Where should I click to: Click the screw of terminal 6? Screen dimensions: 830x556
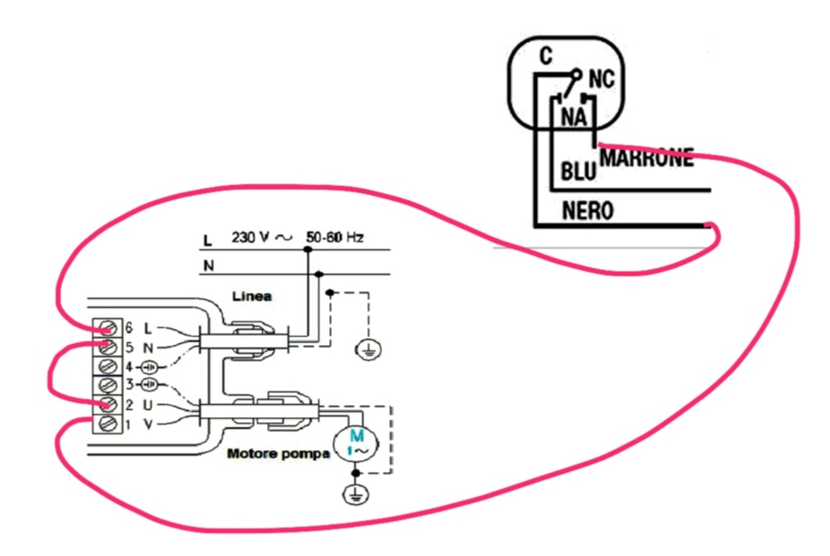tap(108, 328)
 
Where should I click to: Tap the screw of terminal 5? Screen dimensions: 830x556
tap(108, 347)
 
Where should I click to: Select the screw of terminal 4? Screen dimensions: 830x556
tap(108, 366)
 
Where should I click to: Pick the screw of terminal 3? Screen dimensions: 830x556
tap(108, 385)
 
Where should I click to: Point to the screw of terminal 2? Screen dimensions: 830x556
tap(108, 405)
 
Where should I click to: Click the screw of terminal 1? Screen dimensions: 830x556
tap(108, 423)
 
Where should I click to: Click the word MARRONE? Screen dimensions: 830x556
tap(647, 158)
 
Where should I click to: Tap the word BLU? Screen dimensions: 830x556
tap(578, 171)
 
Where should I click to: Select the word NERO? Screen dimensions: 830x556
tap(588, 211)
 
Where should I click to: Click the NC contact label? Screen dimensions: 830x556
tap(601, 79)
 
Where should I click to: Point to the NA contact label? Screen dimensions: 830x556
tap(575, 116)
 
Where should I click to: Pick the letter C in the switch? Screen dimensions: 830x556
tap(546, 56)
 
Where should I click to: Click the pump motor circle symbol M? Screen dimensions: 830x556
tap(355, 444)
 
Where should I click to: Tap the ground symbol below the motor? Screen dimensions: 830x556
tap(356, 495)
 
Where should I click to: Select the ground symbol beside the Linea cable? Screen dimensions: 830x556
tap(369, 349)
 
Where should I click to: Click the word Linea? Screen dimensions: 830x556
tap(252, 296)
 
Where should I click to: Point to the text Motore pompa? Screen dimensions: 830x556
tap(279, 454)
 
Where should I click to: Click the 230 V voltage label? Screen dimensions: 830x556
tap(250, 237)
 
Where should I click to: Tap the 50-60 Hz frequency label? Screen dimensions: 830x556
tap(335, 237)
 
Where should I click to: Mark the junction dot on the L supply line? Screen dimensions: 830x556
tap(308, 250)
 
